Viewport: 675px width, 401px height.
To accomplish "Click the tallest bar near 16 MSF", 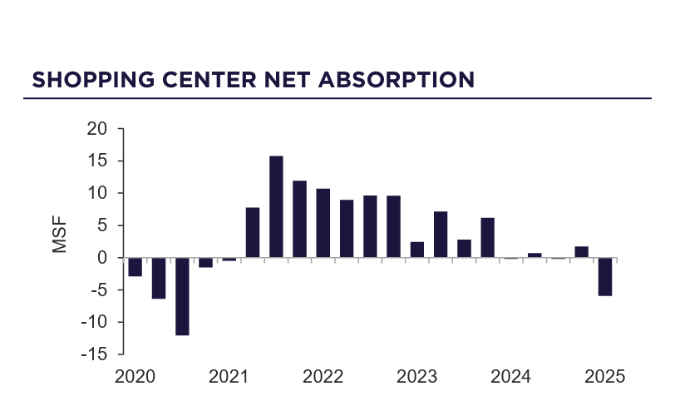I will pyautogui.click(x=276, y=206).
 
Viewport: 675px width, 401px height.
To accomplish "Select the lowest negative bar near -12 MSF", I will pyautogui.click(x=182, y=296).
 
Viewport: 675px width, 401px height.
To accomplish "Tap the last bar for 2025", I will pyautogui.click(x=605, y=276).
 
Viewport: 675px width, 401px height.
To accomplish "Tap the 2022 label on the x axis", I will pyautogui.click(x=323, y=376).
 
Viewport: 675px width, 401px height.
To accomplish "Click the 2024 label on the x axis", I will pyautogui.click(x=510, y=376).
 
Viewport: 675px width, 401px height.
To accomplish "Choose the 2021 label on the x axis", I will pyautogui.click(x=229, y=376).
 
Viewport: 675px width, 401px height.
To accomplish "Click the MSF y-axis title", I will pyautogui.click(x=60, y=235).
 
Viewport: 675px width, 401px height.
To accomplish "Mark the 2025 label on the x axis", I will pyautogui.click(x=604, y=376).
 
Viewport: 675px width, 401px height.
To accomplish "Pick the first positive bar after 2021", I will pyautogui.click(x=253, y=232).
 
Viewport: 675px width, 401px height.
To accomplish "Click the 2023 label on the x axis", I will pyautogui.click(x=416, y=376).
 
